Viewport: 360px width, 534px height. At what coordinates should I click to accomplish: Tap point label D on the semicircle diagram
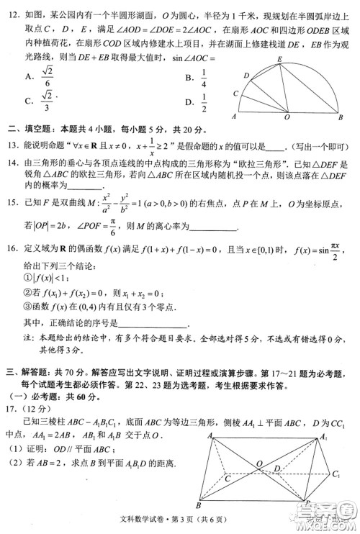click(x=246, y=76)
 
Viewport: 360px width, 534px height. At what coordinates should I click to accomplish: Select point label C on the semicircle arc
click(x=235, y=93)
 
